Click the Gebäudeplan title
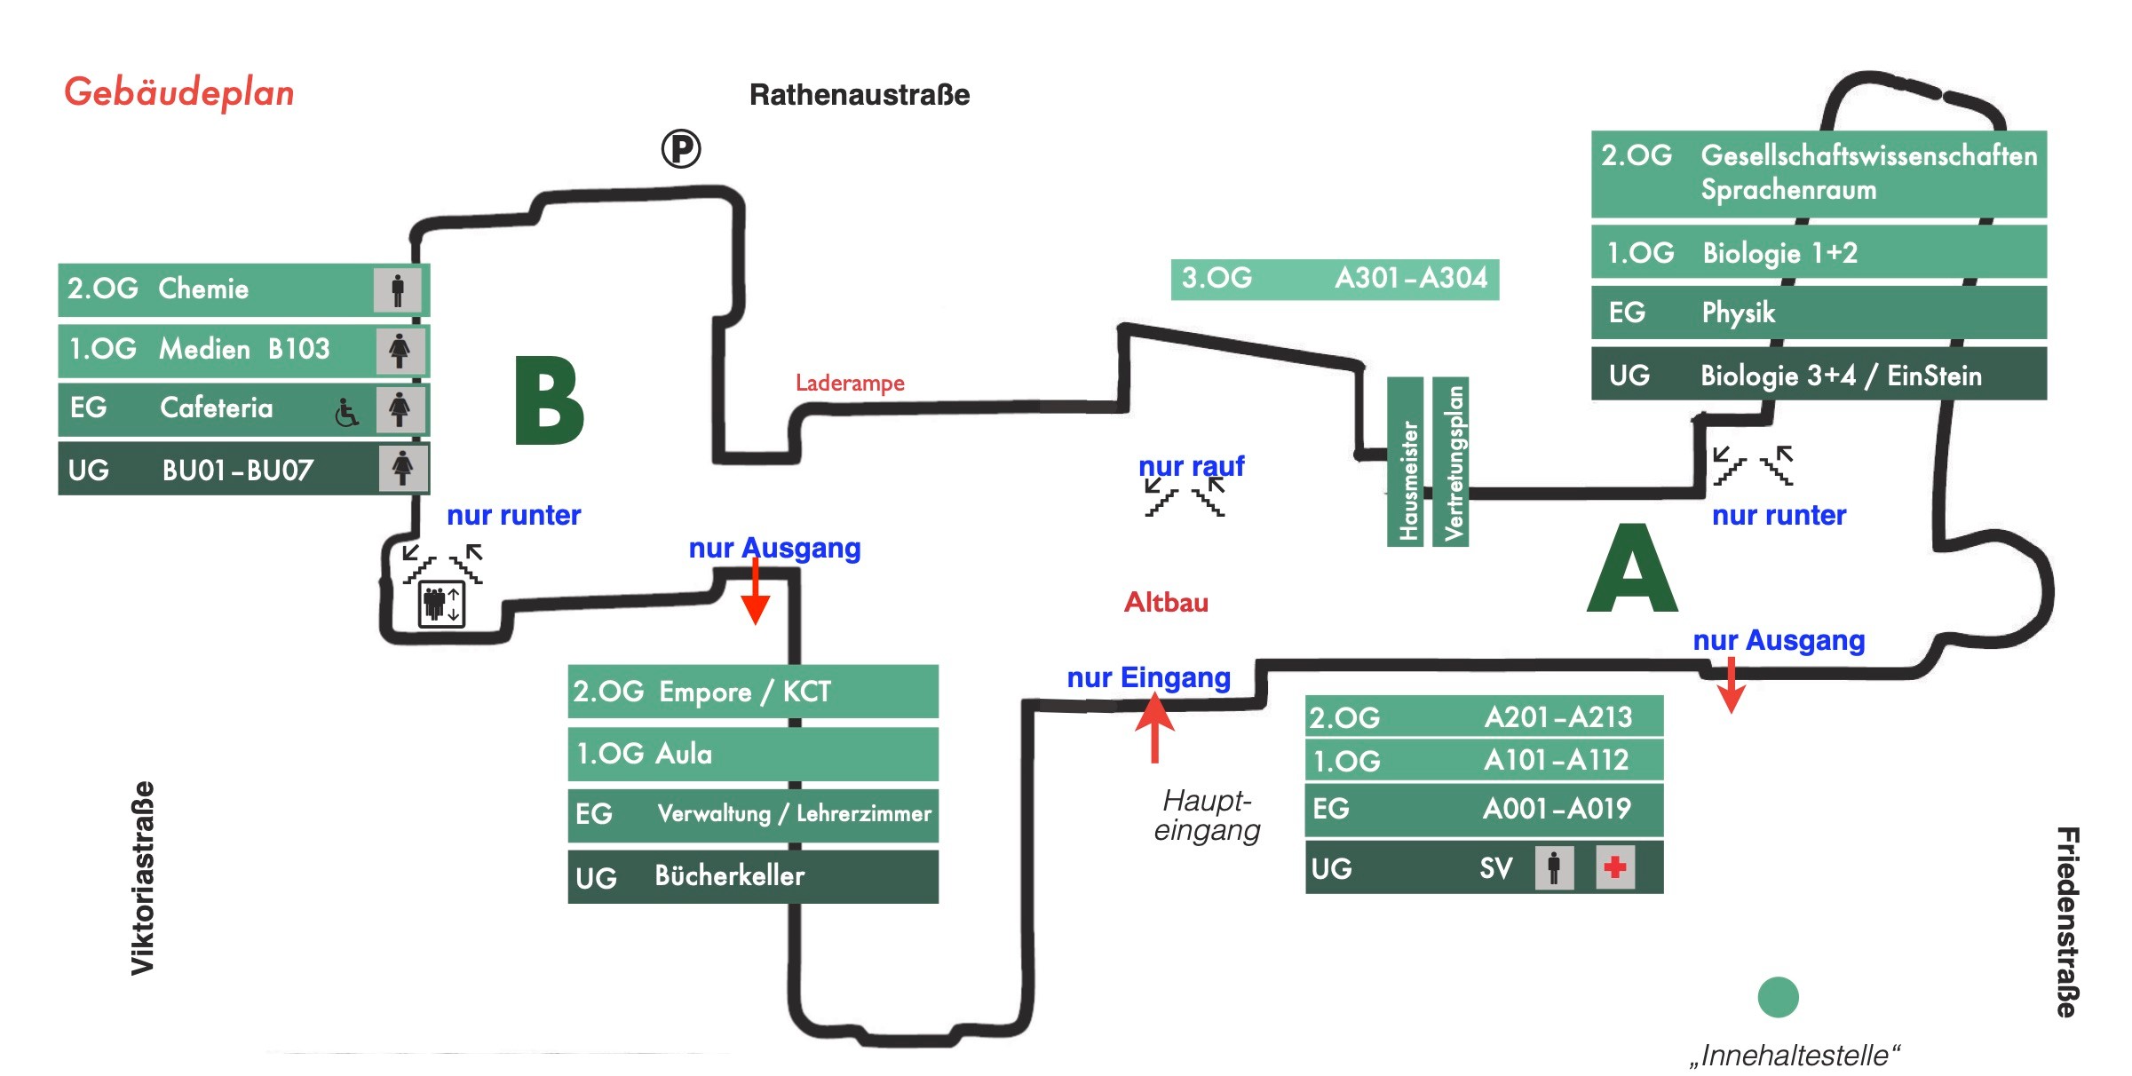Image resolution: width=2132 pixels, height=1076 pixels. click(178, 92)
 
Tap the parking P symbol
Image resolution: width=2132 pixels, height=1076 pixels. click(681, 148)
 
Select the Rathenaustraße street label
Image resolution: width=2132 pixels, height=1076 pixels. click(859, 95)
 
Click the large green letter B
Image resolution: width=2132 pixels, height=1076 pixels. click(549, 401)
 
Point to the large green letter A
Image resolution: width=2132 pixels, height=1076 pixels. click(1632, 569)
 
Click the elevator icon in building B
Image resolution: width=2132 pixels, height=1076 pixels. click(441, 605)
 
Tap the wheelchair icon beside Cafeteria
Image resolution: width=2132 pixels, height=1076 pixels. click(346, 412)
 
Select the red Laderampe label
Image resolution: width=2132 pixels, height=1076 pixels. click(850, 383)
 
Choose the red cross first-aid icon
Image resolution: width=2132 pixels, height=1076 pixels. click(1614, 866)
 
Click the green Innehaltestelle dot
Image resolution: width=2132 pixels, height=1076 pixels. click(1778, 997)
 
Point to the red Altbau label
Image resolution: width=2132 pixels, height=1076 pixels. click(1166, 603)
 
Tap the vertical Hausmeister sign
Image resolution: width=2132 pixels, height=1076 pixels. click(1406, 462)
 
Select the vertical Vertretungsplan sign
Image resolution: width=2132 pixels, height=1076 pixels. click(1451, 462)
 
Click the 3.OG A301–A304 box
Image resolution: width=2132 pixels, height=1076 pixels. click(1335, 279)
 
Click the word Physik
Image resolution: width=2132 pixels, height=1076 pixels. click(1738, 313)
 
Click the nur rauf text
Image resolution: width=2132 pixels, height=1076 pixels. click(1191, 466)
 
